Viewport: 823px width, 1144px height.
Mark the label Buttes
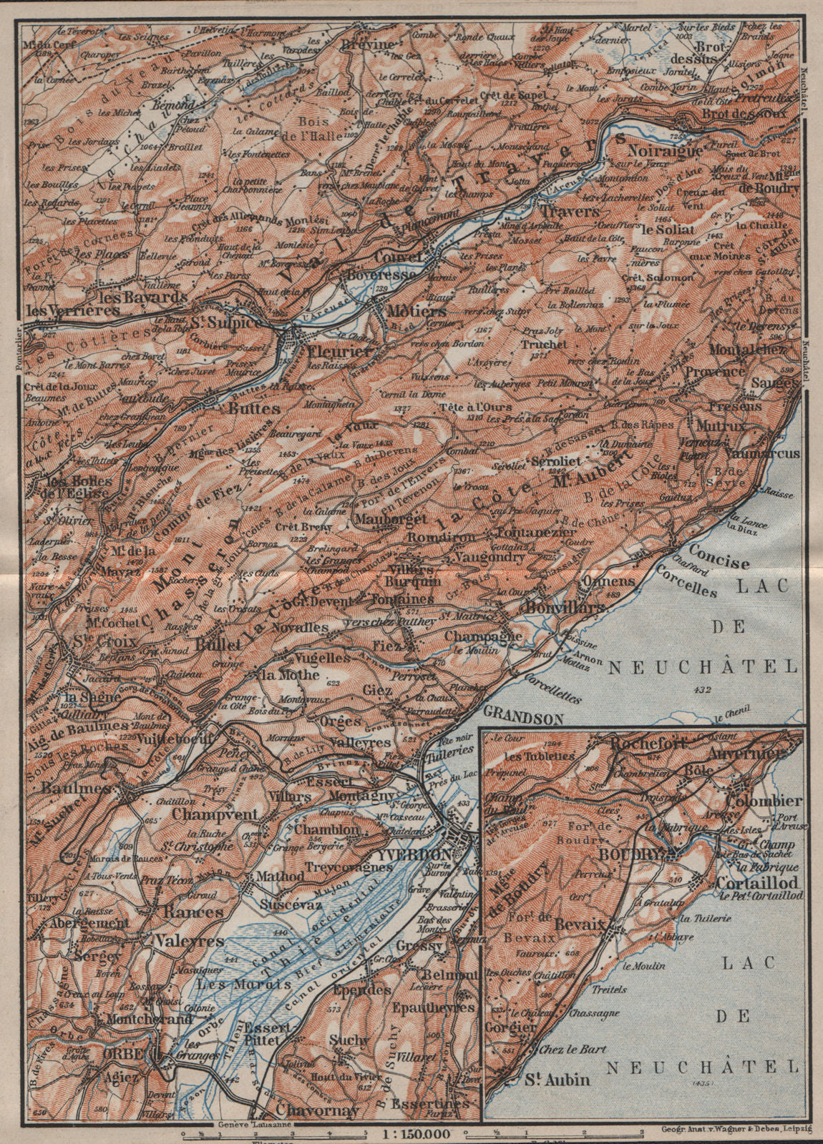click(233, 410)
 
